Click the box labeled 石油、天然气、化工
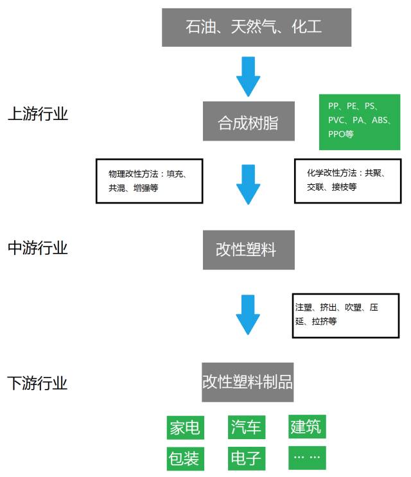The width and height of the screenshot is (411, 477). (256, 28)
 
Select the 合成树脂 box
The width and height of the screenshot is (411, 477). (249, 121)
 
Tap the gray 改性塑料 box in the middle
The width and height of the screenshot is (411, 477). (249, 250)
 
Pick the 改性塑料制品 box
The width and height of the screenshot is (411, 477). (249, 383)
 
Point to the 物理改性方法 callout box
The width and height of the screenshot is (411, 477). (149, 181)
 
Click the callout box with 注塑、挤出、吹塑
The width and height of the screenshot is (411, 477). (343, 314)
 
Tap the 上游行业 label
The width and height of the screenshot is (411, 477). (38, 114)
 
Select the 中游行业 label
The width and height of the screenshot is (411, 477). (38, 248)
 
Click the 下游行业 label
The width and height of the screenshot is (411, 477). (38, 384)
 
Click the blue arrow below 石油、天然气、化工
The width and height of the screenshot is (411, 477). (249, 76)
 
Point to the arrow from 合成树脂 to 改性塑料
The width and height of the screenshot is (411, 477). (249, 184)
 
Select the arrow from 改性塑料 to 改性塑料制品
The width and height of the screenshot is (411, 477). (249, 314)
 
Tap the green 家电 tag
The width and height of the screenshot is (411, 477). (185, 427)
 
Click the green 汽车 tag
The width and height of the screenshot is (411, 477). (246, 427)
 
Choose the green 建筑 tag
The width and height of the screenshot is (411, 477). (306, 426)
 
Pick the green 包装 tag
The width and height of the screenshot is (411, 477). (185, 458)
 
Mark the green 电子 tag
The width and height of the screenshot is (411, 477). (246, 458)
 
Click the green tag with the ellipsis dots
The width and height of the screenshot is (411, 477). (306, 457)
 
